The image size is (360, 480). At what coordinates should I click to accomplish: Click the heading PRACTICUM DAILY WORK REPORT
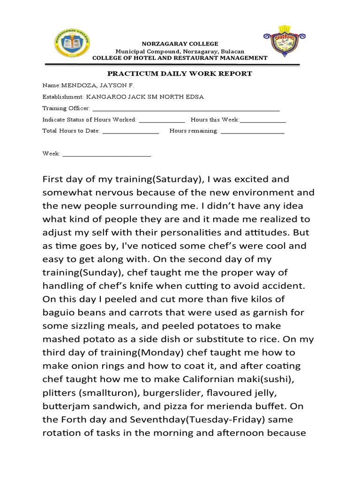(x=180, y=74)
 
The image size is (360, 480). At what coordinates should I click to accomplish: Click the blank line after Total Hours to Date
(x=130, y=131)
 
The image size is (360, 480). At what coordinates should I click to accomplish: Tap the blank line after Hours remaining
(x=252, y=131)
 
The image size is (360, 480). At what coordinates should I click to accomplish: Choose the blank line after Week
(x=106, y=154)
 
